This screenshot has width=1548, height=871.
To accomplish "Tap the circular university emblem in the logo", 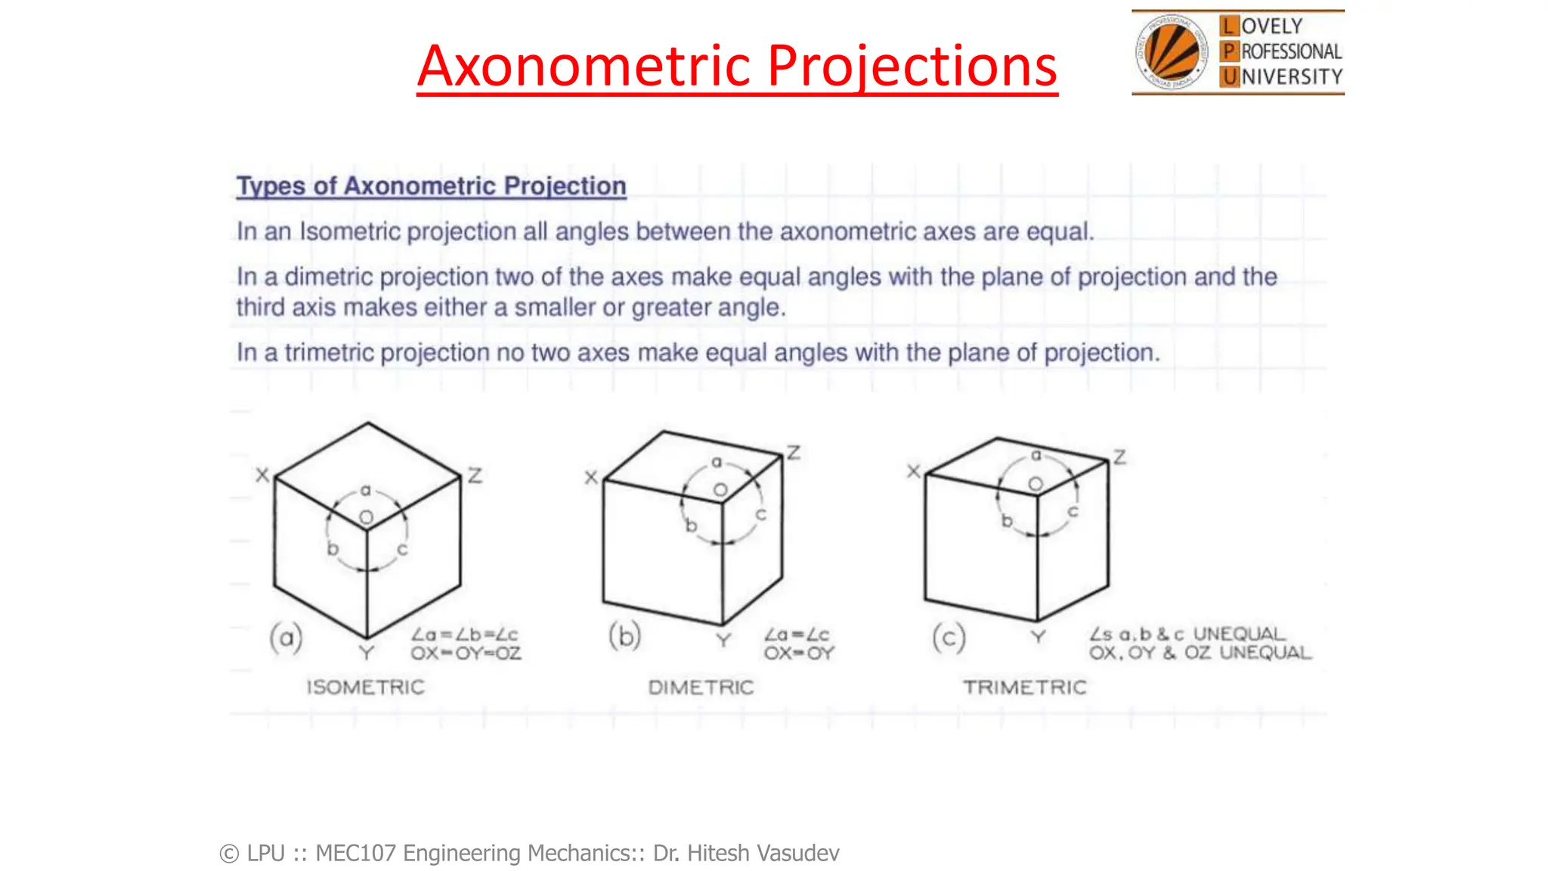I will [1171, 52].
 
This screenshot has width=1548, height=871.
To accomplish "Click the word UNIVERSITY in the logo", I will [1282, 77].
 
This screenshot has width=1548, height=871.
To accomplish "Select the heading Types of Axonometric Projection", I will [431, 186].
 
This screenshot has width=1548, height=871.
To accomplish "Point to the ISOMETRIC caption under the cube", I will [365, 687].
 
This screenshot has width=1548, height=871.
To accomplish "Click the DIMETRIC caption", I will [701, 687].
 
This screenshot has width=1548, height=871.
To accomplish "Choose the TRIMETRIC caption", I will [1024, 687].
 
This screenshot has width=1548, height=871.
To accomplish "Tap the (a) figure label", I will [286, 639].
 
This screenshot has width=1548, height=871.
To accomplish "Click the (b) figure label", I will [625, 637].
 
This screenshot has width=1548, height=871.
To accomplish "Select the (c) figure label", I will [949, 638].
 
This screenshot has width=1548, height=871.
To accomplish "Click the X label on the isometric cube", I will [262, 476].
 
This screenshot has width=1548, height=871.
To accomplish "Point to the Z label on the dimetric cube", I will [793, 453].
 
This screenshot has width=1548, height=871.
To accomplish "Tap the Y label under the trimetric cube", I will [1039, 637].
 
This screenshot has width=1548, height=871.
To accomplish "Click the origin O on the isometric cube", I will [367, 518].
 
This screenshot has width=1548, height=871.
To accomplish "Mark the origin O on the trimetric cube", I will [1036, 484].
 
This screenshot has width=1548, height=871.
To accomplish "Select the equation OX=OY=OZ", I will [466, 653].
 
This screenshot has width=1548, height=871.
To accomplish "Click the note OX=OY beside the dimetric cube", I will [798, 653].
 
